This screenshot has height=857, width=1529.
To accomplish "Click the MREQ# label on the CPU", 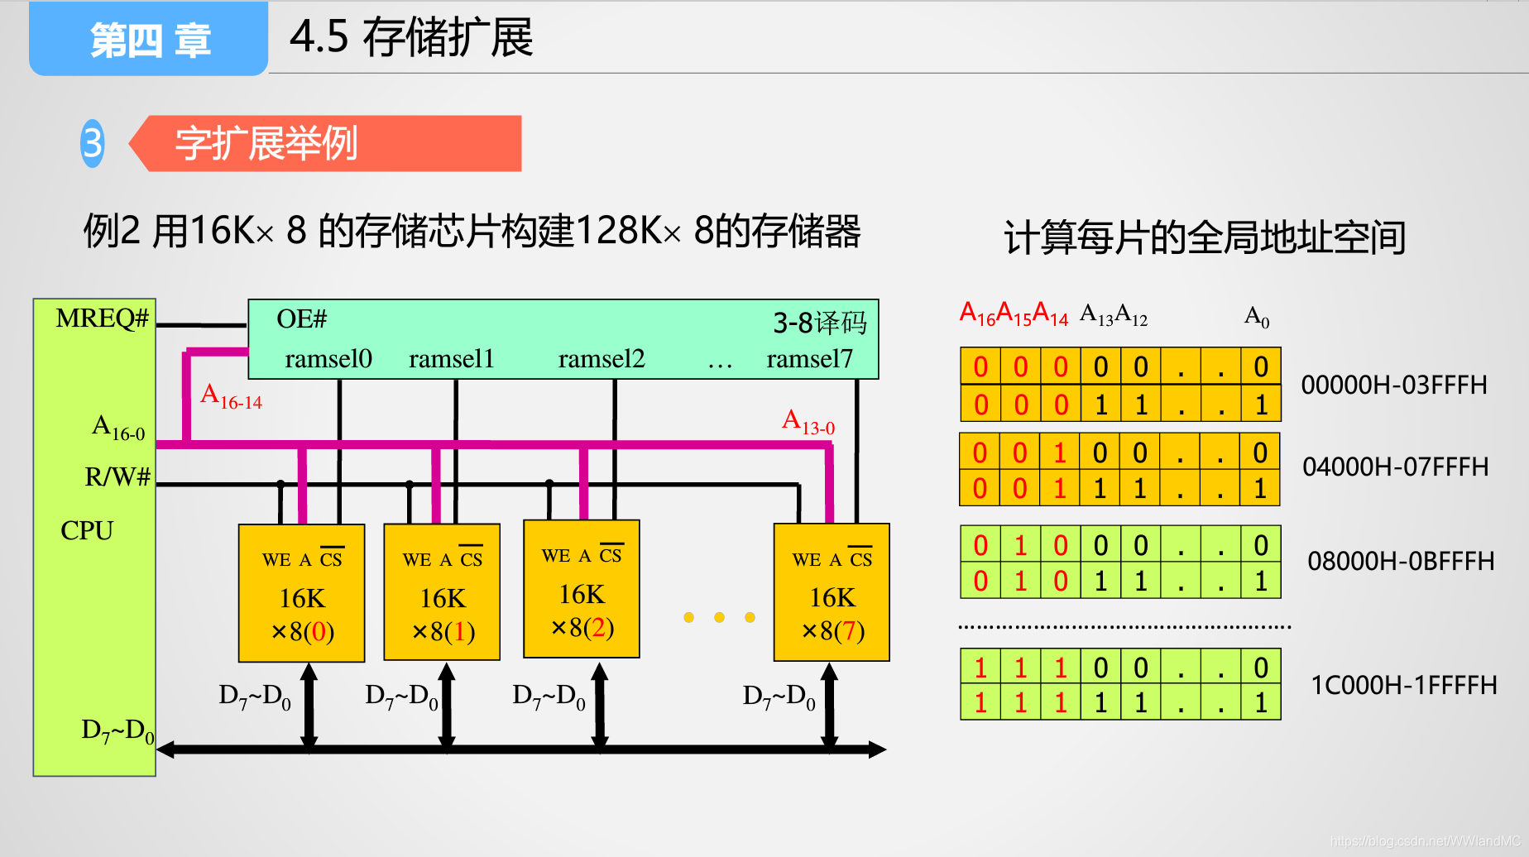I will [102, 318].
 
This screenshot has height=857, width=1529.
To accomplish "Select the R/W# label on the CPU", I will [117, 476].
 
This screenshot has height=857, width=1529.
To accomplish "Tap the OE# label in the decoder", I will [301, 319].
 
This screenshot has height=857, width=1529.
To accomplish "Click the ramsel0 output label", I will [328, 359].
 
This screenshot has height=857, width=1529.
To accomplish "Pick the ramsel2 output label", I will [601, 359].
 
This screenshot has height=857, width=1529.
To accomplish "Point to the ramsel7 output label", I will [809, 359].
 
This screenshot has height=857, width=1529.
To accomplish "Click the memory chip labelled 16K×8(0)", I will [302, 593].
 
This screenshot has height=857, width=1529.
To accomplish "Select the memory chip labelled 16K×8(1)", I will [443, 592].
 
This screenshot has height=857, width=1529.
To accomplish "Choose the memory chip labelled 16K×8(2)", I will [582, 589].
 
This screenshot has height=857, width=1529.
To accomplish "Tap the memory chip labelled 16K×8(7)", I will [832, 592].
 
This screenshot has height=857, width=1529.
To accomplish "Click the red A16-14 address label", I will [231, 396].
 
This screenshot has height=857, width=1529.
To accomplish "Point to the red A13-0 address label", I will [808, 422].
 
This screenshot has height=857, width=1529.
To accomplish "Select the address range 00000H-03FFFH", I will [1394, 385].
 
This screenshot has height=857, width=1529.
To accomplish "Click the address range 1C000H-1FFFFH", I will [1404, 686].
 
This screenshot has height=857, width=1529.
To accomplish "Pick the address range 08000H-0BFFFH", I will [1401, 562].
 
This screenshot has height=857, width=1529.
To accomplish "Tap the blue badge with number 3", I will [93, 143].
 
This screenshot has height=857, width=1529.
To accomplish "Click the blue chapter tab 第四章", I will [149, 40].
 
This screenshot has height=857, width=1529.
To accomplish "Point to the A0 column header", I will [1257, 316].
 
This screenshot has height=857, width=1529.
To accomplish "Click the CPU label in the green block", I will [87, 530].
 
